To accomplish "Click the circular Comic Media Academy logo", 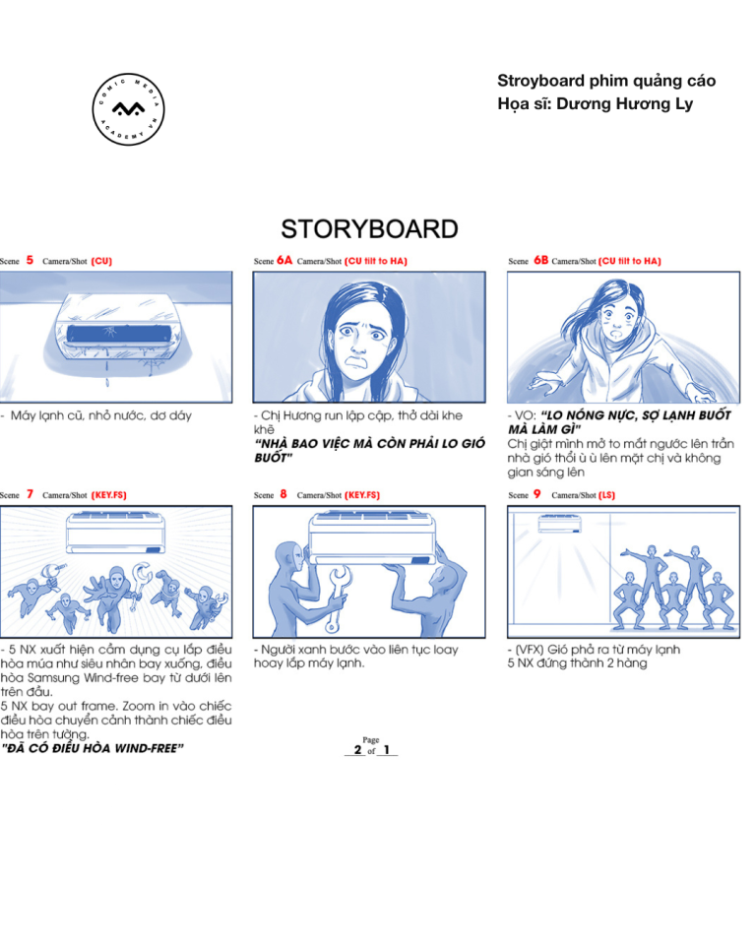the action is click(x=128, y=109).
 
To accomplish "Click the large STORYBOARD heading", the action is click(x=369, y=229).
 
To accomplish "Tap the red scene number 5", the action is click(x=30, y=260).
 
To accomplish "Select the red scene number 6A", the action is click(x=284, y=260).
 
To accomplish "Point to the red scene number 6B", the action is click(x=540, y=260).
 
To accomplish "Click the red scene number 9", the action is click(x=536, y=494).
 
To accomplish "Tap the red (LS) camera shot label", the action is click(x=607, y=495).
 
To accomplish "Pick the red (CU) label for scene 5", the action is click(x=102, y=261).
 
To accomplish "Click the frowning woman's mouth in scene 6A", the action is click(x=357, y=362).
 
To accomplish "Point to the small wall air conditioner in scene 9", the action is click(x=560, y=524).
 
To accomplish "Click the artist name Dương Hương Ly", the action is click(x=624, y=103).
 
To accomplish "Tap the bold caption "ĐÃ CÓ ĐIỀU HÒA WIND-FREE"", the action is click(x=92, y=748).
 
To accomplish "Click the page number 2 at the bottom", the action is click(x=357, y=750).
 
